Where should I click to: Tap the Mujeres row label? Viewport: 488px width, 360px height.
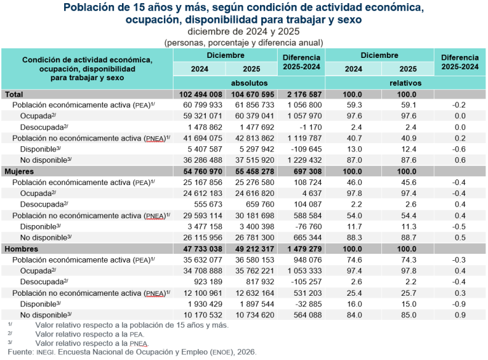pos(20,172)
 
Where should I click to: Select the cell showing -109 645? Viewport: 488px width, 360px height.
pos(306,148)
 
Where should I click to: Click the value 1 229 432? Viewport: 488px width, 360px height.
pos(304,159)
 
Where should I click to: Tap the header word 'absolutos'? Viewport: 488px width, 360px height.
pos(248,83)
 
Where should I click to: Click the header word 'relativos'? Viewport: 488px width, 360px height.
pos(405,83)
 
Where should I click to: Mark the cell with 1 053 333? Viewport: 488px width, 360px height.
pos(304,270)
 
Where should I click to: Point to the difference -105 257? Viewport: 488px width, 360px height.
pos(306,281)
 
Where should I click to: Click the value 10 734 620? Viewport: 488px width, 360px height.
pos(252,314)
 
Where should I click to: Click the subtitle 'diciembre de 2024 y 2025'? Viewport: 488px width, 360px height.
pos(244,31)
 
